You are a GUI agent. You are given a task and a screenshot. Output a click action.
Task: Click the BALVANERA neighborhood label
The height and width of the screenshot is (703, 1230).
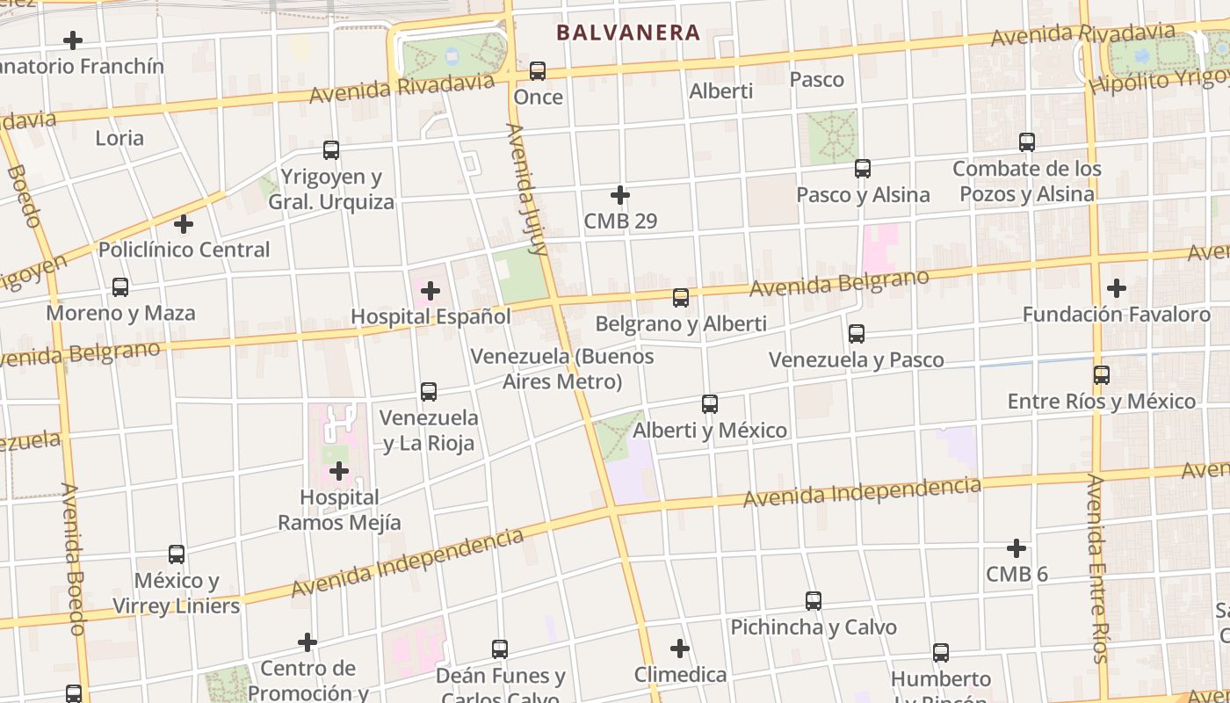628,33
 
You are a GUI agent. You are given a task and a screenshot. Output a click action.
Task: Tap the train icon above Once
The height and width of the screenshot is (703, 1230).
538,71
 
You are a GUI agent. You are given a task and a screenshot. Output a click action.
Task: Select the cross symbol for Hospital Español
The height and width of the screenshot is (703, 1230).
430,291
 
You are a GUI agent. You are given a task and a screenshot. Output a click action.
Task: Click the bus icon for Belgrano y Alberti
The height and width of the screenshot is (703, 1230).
681,298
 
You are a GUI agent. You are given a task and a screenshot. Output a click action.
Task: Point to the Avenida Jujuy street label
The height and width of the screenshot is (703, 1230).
527,189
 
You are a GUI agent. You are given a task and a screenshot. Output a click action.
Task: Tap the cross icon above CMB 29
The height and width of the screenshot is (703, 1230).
620,195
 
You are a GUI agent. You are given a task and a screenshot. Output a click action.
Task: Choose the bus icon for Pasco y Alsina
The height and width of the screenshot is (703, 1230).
863,169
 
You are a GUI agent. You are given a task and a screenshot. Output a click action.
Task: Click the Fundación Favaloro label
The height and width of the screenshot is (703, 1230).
1116,314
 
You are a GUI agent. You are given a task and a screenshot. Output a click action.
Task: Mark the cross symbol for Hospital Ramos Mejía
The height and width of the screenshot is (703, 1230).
339,472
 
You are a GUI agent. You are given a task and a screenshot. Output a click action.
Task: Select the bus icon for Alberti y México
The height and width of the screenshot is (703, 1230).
710,404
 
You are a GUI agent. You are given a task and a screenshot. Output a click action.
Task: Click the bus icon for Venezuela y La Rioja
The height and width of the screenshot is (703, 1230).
429,392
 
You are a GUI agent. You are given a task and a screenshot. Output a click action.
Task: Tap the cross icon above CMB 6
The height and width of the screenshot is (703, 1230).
1017,548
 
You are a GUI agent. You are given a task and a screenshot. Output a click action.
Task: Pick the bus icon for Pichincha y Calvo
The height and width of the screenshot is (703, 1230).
814,601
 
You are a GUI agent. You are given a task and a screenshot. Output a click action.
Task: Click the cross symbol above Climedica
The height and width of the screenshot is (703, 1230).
680,649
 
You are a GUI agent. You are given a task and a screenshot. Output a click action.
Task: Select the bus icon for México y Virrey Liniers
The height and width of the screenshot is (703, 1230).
177,554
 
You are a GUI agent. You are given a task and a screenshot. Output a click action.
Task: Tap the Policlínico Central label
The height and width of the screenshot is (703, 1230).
184,250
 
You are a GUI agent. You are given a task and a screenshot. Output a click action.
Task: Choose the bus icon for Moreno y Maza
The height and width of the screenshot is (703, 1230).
120,287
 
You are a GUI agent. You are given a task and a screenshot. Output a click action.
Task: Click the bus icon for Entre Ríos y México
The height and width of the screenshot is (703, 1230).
1102,375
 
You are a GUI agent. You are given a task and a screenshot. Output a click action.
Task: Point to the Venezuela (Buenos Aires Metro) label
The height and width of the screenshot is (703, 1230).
562,369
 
